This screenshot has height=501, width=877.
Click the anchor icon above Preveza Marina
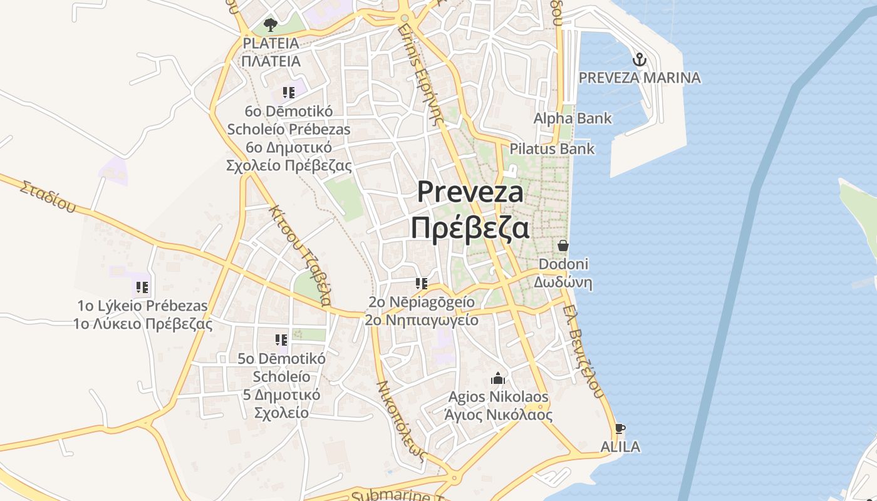point(640,60)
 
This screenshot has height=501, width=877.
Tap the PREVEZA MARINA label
point(640,78)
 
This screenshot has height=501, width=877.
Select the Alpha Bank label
point(573,118)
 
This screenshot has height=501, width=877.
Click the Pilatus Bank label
point(552,149)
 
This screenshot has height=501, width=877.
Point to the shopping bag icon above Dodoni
point(563,245)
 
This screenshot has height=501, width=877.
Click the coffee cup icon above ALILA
point(620,429)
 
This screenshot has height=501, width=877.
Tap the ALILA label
point(620,447)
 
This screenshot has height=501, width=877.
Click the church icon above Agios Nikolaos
point(498,378)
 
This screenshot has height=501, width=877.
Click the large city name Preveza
point(470,192)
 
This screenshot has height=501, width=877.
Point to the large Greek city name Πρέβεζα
point(470,228)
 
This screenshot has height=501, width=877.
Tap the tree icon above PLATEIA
point(271,25)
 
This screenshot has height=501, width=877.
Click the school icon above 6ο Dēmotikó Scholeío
point(289,93)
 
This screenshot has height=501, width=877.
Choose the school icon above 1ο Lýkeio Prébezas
point(142,287)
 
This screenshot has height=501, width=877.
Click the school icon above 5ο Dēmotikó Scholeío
point(281,340)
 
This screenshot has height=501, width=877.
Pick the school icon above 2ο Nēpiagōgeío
point(421,284)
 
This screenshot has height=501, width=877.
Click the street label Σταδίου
point(47,196)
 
